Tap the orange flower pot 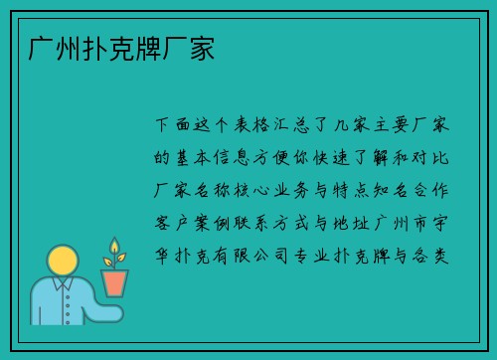(115, 282)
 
